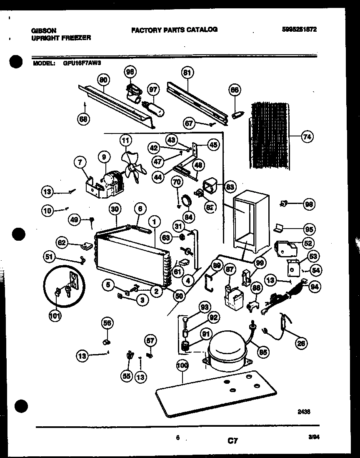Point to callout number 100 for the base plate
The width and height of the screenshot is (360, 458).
pos(182,366)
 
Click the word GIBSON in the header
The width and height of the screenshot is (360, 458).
pos(44,30)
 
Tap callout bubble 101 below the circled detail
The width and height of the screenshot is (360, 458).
pos(55,316)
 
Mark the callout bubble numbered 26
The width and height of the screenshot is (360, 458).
pos(300,343)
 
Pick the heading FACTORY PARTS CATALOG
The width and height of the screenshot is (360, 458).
pos(174,30)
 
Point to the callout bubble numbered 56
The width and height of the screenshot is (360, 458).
pos(107,322)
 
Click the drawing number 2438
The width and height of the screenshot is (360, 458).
pos(304,411)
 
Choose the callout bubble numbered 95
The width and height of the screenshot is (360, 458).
pos(309,229)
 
